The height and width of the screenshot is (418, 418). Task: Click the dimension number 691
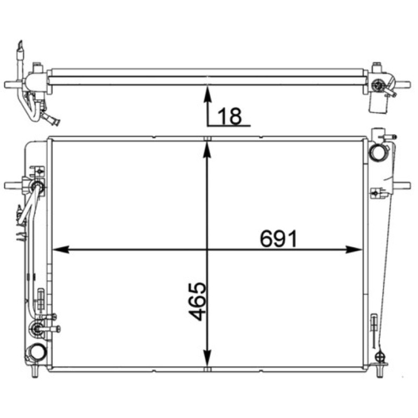coord(278,239)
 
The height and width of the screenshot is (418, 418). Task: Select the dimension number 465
coord(198,301)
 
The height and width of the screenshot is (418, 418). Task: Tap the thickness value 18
coord(230,116)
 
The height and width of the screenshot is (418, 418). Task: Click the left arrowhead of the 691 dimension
coord(61,250)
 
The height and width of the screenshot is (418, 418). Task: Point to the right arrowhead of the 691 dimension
coord(354,250)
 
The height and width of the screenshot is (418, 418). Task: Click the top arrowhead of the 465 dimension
coord(207,150)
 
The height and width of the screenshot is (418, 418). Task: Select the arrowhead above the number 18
coord(207,94)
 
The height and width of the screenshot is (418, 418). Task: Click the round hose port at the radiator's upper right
coord(376,153)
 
